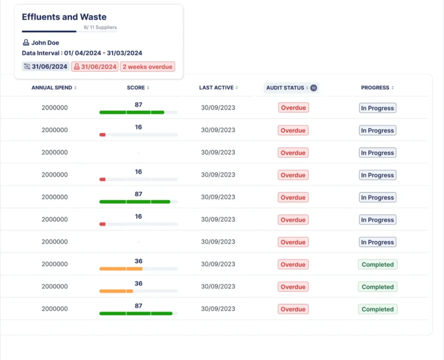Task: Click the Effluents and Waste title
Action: click(x=64, y=17)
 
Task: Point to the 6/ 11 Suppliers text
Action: click(x=100, y=27)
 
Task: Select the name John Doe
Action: click(x=45, y=43)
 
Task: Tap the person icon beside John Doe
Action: click(x=26, y=42)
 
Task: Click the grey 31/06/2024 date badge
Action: click(x=46, y=67)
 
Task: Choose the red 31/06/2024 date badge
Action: click(x=95, y=67)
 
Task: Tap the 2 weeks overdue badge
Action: click(x=147, y=67)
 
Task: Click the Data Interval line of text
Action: click(x=82, y=53)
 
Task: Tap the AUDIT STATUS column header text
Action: click(x=285, y=88)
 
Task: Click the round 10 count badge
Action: click(x=313, y=88)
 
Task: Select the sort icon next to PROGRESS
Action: click(x=392, y=88)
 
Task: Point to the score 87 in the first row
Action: click(x=138, y=105)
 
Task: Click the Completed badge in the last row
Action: click(x=378, y=309)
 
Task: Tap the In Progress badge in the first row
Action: click(x=378, y=108)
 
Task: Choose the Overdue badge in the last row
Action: click(x=293, y=309)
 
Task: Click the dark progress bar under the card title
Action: click(x=49, y=32)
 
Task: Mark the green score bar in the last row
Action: click(x=136, y=313)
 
